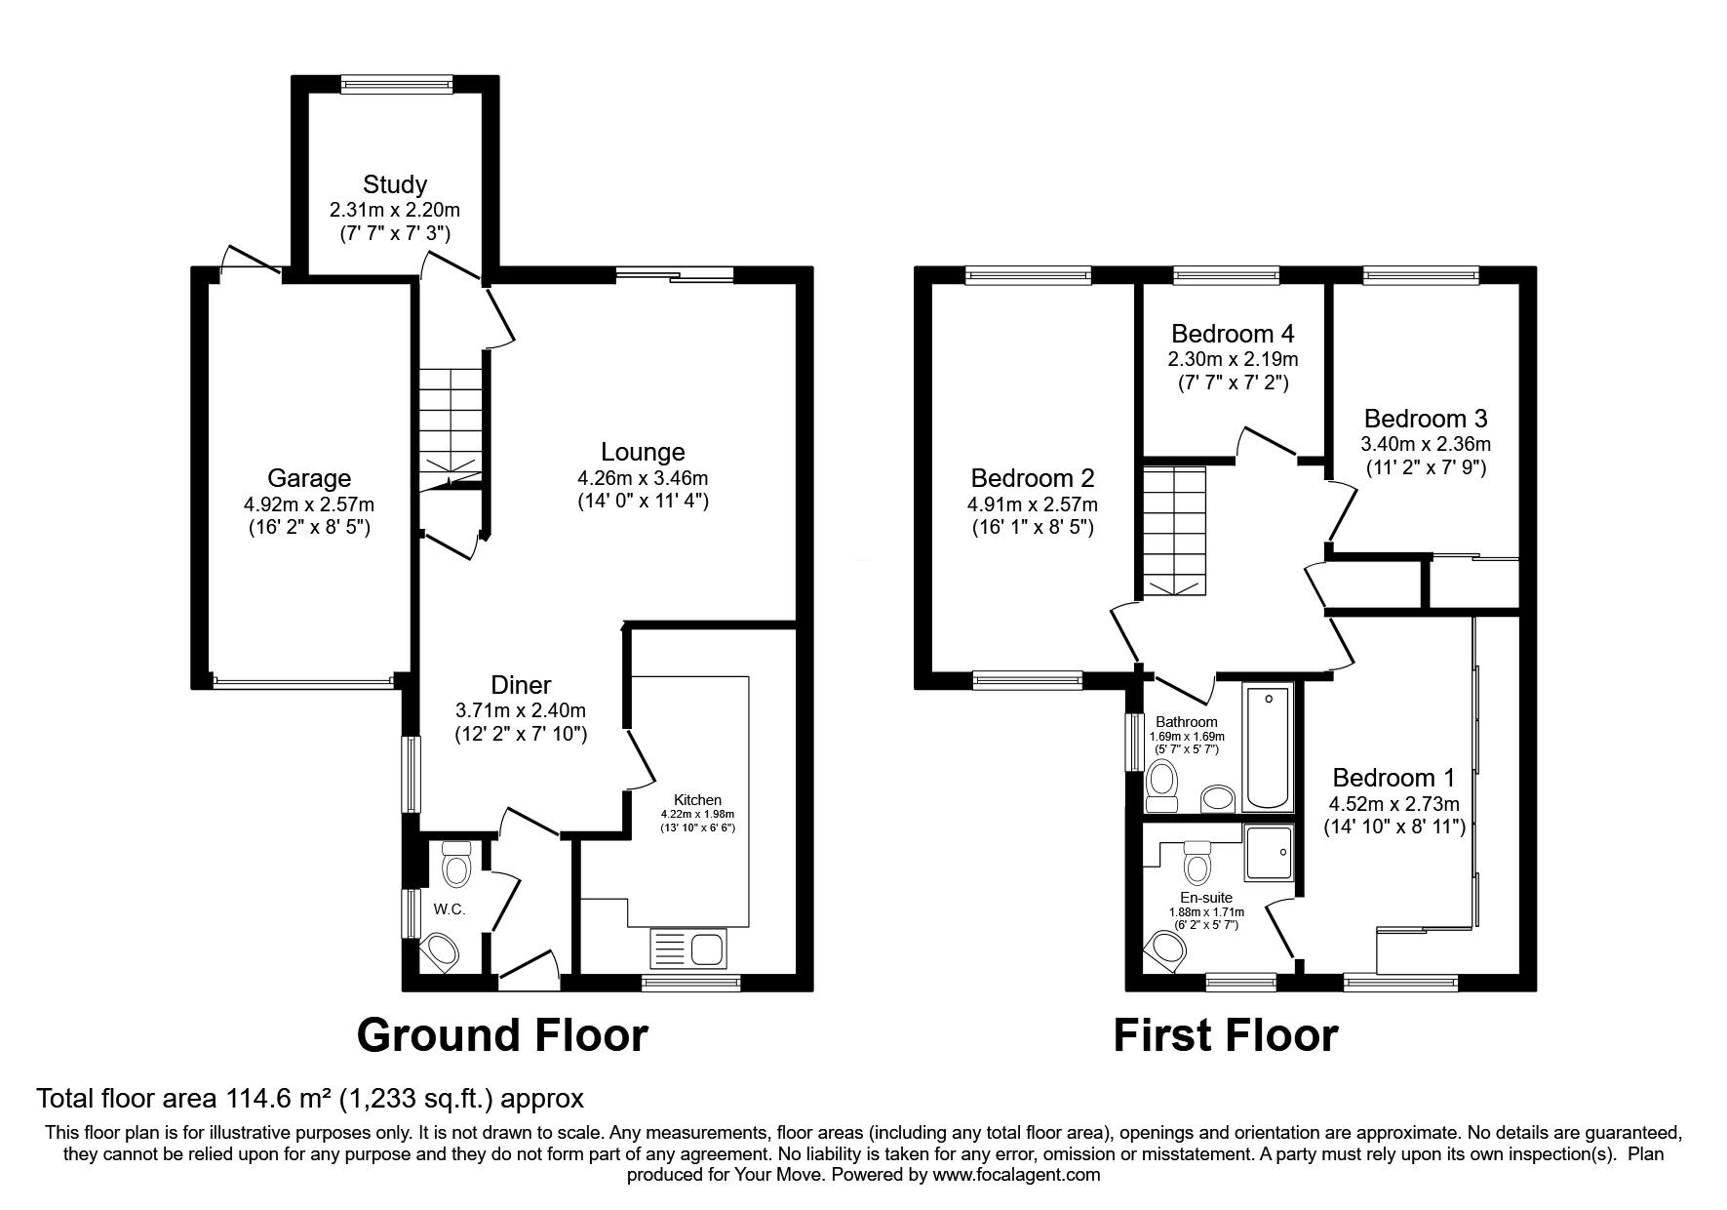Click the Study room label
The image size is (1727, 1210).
coord(395,184)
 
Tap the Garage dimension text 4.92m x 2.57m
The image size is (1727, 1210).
coord(309,504)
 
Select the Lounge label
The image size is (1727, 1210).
coord(643,452)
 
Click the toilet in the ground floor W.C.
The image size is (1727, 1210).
coord(455,865)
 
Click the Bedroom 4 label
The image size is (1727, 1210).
coord(1233,334)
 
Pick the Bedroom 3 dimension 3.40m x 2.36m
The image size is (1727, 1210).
coord(1426,444)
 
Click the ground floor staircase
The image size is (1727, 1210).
coord(451,424)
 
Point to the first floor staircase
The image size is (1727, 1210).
coord(1174,531)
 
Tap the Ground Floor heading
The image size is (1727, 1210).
coord(502,1035)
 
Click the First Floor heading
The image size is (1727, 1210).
coord(1226,1035)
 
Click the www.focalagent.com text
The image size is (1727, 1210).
coord(1016,1175)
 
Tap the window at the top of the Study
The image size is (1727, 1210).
coord(397,85)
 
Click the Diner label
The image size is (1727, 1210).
coord(521,685)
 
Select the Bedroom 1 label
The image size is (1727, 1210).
coord(1393,778)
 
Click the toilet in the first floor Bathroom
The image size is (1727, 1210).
coord(1161,784)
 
